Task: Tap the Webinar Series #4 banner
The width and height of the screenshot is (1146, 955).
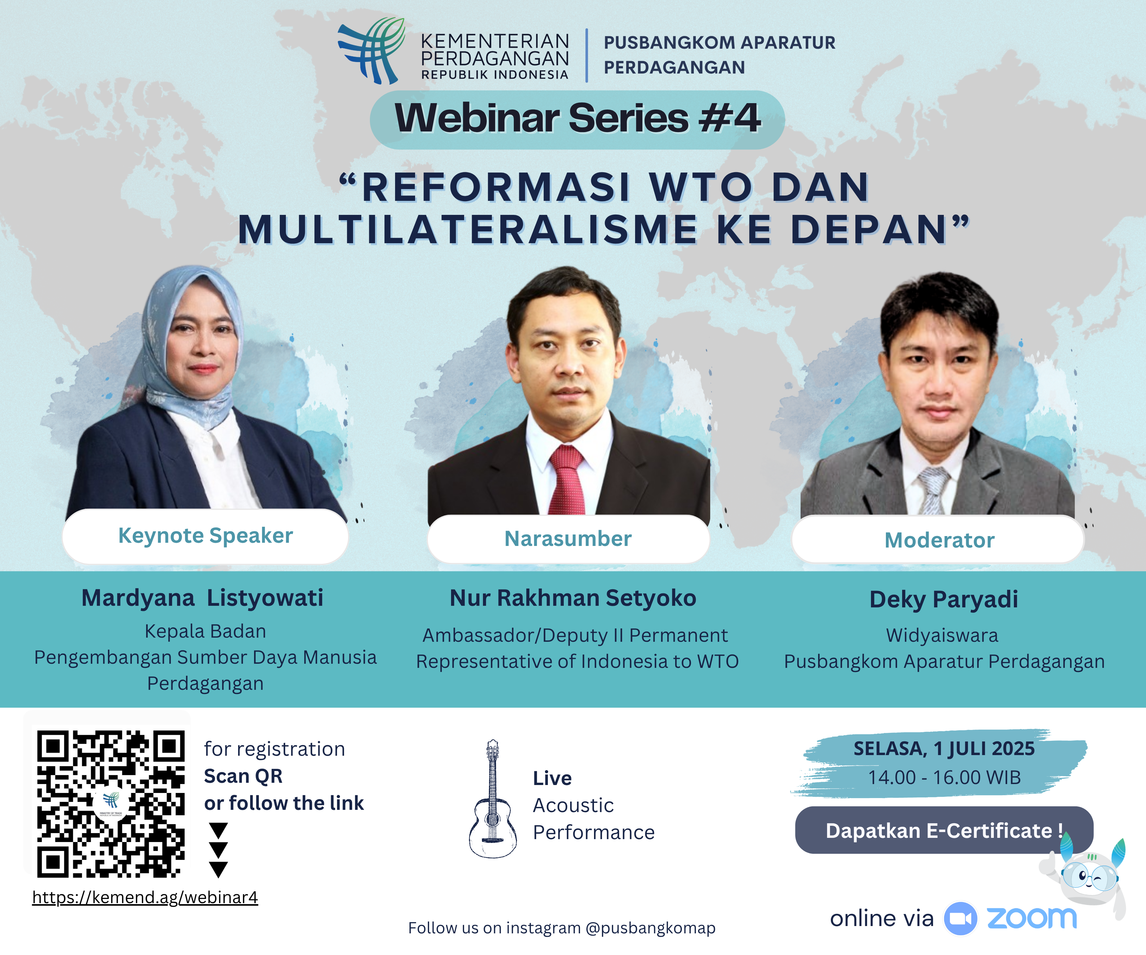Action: [577, 119]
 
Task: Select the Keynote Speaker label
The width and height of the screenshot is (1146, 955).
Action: [206, 536]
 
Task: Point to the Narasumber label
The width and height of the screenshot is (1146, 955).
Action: [568, 539]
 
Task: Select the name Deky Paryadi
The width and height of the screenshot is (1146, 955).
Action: [944, 599]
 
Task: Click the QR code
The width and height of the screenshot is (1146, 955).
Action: [111, 804]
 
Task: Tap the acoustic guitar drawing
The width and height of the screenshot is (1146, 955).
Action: [493, 799]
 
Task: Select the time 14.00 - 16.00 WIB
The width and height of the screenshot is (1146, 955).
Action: [944, 778]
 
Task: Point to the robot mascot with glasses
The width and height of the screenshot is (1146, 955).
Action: [1086, 879]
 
